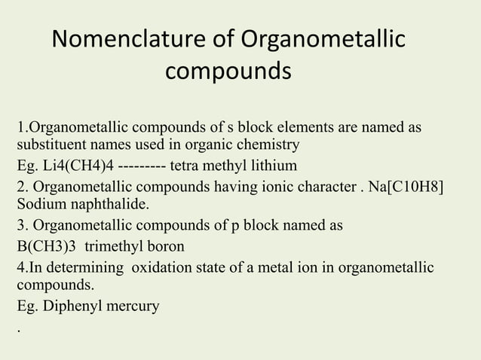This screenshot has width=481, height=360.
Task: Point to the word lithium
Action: coord(276,164)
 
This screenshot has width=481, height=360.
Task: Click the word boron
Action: coord(164,246)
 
